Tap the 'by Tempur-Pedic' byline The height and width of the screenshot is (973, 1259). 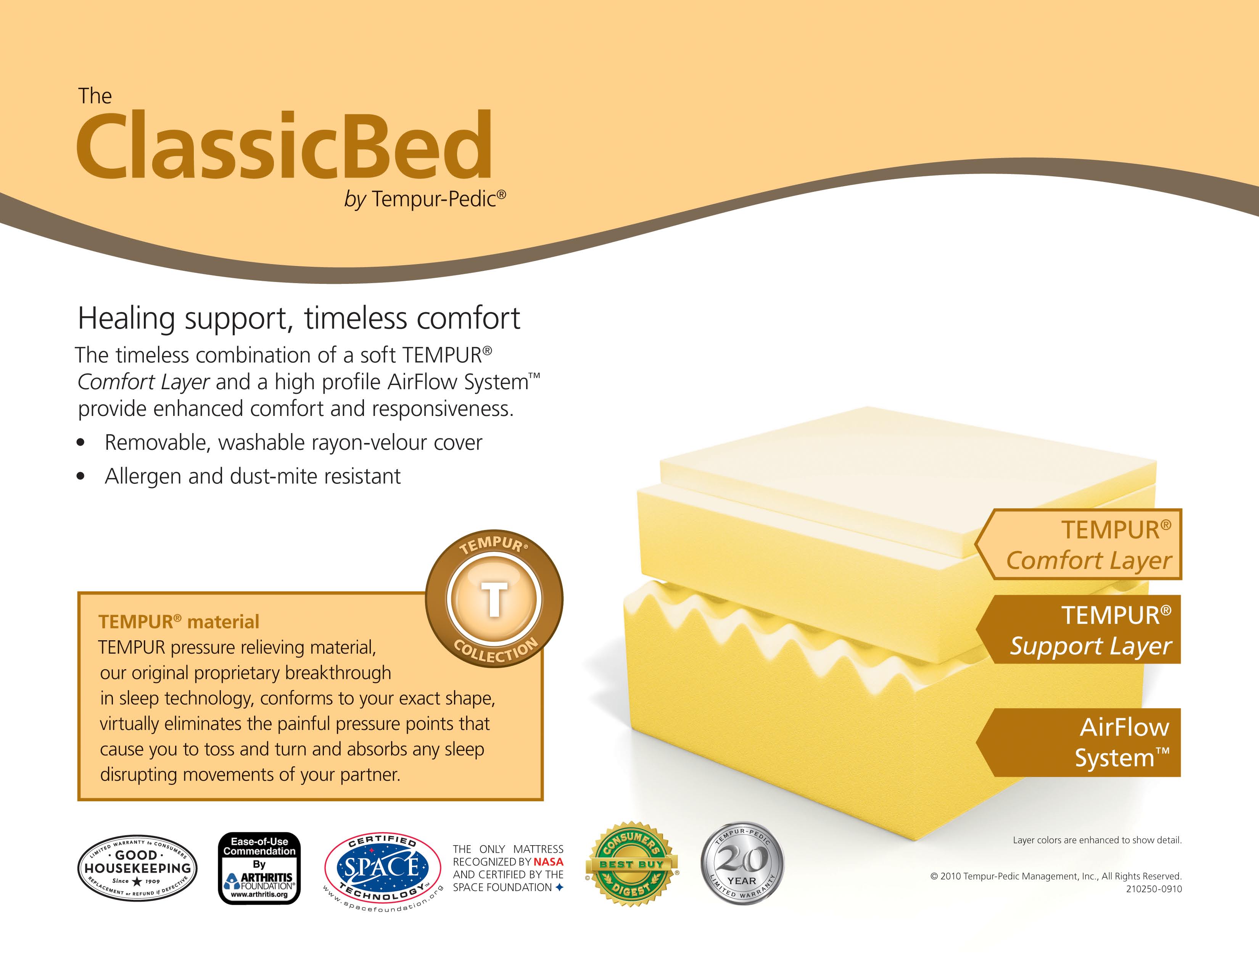tap(425, 199)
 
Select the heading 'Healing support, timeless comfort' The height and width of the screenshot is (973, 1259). tap(299, 319)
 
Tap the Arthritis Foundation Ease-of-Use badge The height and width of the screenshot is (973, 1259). tap(259, 868)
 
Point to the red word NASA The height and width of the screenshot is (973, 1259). tap(548, 862)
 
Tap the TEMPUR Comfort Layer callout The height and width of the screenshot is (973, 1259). tap(1078, 544)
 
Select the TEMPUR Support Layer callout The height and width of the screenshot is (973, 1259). tap(1078, 630)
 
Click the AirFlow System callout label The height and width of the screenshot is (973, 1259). tap(1078, 743)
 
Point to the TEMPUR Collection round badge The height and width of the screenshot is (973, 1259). tap(494, 598)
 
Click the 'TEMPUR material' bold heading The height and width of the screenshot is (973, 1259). tap(179, 621)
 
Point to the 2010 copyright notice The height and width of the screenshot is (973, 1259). tap(1056, 876)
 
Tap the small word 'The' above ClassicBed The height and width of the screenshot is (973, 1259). tap(95, 96)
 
